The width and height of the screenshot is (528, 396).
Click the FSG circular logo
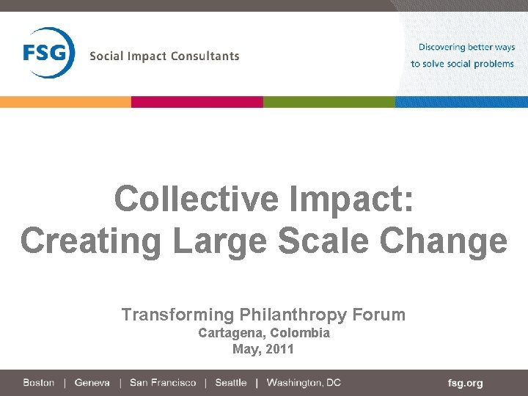[x=48, y=53]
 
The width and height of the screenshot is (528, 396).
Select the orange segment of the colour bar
[x=65, y=102]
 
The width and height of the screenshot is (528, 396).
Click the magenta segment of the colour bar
[x=197, y=102]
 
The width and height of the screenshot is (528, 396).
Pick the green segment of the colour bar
[x=329, y=102]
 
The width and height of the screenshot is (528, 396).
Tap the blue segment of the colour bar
[x=461, y=102]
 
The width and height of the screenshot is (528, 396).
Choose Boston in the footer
[x=39, y=383]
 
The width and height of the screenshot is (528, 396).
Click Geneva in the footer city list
[x=92, y=383]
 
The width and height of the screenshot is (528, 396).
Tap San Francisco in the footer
[x=163, y=383]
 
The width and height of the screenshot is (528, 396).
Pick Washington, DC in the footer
[x=304, y=383]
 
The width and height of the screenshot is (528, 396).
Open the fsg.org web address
[x=465, y=383]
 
